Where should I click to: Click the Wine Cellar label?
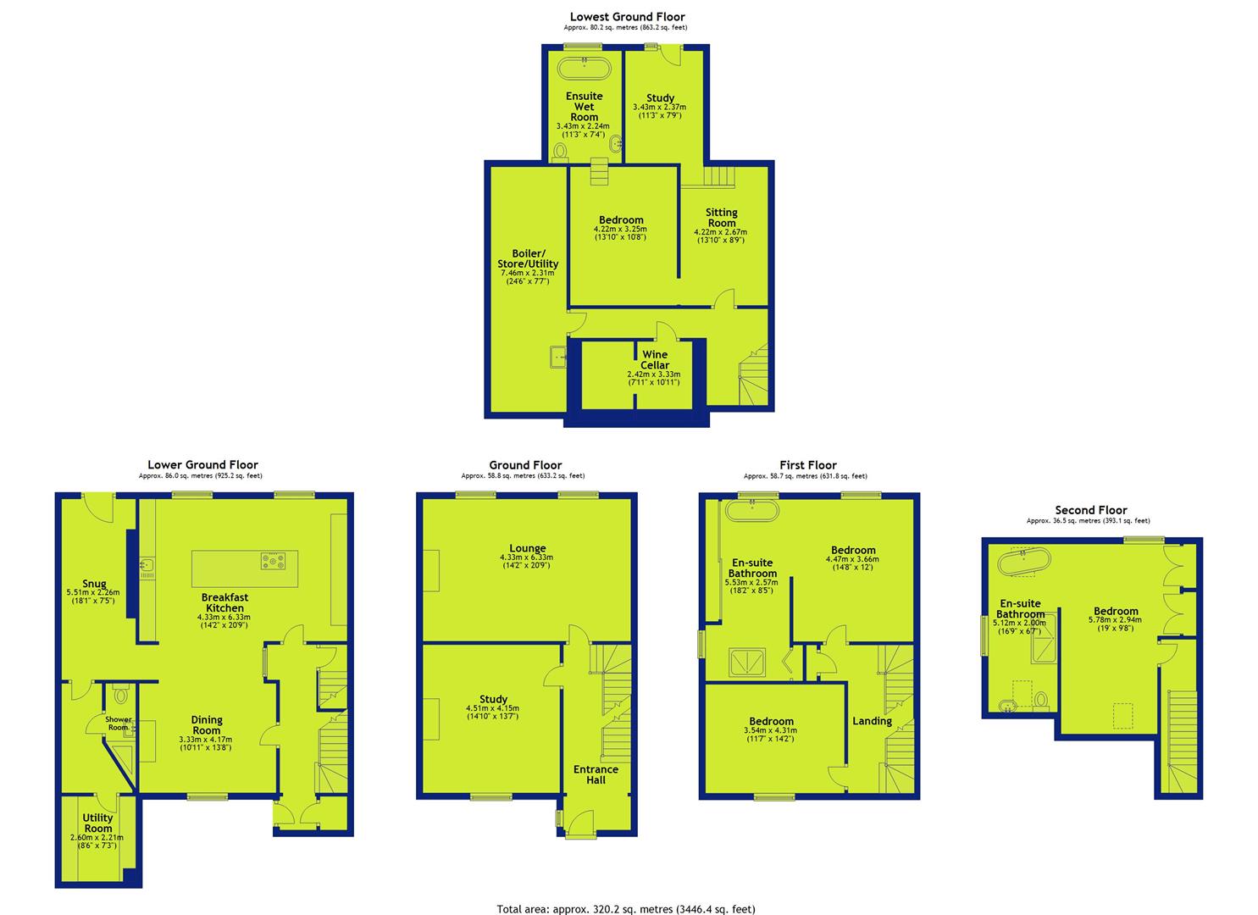655,359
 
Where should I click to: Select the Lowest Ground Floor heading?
628,17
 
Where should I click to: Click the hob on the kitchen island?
273,561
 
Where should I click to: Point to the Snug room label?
94,584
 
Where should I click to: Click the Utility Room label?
97,823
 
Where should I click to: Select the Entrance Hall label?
596,774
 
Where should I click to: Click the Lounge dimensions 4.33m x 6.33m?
526,557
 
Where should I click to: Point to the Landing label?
873,721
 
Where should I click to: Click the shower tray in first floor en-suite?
747,663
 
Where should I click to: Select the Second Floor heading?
1090,510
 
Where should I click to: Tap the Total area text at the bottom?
626,909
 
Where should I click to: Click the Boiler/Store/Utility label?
528,258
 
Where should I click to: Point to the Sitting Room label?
722,218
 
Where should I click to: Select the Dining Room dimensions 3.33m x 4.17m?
206,739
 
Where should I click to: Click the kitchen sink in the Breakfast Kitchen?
147,568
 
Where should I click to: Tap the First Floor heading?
808,465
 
